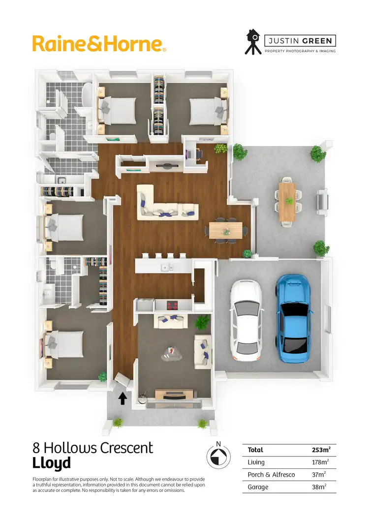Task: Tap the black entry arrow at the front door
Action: pos(123,398)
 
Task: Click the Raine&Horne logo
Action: pos(99,43)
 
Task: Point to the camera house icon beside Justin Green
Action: pos(253,41)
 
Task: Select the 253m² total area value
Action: pos(321,450)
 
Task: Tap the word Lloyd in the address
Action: pos(52,463)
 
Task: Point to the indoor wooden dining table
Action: pos(225,230)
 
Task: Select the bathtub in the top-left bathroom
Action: pos(87,94)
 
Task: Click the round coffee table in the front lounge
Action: pos(172,353)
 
